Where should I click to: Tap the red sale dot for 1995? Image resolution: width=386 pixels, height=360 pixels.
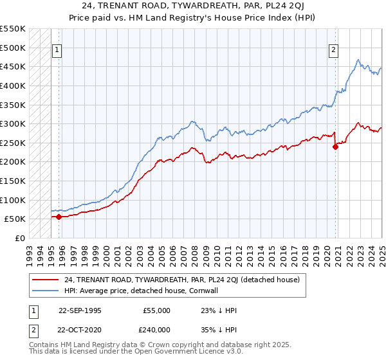tap(59, 217)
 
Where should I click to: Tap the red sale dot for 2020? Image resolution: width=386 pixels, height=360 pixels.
tap(335, 147)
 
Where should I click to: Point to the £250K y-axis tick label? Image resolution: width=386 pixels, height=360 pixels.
tap(13, 143)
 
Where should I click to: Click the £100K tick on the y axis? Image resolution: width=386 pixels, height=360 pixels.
tap(13, 200)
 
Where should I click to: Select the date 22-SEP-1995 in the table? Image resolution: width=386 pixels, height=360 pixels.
tap(80, 310)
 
